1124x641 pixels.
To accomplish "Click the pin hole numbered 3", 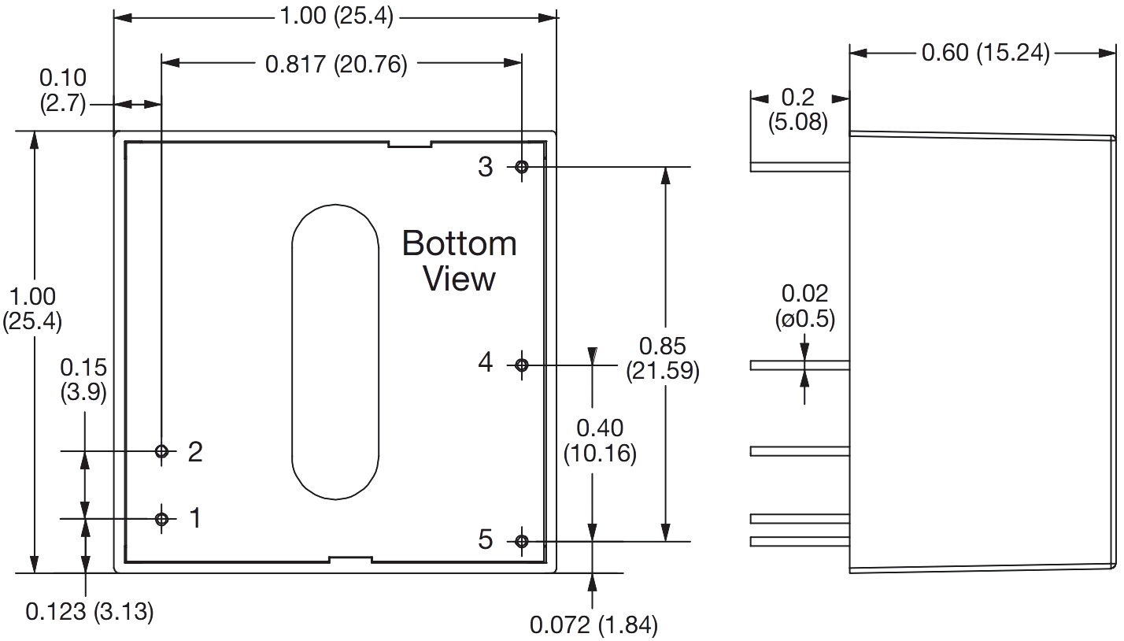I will pos(521,167).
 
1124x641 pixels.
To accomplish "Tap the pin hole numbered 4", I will pos(521,365).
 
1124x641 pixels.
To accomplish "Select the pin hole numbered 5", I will pos(521,541).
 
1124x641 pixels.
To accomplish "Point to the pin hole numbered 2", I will pos(162,451).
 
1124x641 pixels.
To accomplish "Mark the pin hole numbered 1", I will pos(162,518).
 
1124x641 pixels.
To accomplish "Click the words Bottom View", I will pos(460,261).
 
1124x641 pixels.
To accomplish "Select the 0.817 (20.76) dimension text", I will pos(336,65).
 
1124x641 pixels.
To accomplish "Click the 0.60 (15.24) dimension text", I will pos(985,53).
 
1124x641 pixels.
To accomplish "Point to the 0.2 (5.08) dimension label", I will pos(799,110).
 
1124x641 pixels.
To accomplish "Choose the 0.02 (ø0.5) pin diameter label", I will pos(805,306).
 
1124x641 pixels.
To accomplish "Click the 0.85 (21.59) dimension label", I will pos(662,358).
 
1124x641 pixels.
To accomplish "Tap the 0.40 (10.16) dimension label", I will pos(600,441).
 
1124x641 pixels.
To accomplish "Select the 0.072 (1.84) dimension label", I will pos(593,625).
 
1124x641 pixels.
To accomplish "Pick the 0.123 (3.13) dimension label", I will pos(89,611).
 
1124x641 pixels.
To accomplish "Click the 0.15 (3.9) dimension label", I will pos(83,380).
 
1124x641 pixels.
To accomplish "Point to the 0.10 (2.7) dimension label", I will pos(62,91).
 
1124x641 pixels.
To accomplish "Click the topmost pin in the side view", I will pos(800,167).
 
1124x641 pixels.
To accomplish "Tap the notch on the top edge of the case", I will pos(410,144).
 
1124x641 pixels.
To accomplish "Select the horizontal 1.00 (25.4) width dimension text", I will pos(336,16).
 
